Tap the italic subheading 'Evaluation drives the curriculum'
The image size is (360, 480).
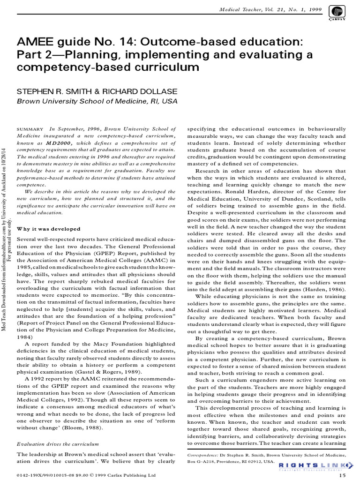click(x=57, y=443)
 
